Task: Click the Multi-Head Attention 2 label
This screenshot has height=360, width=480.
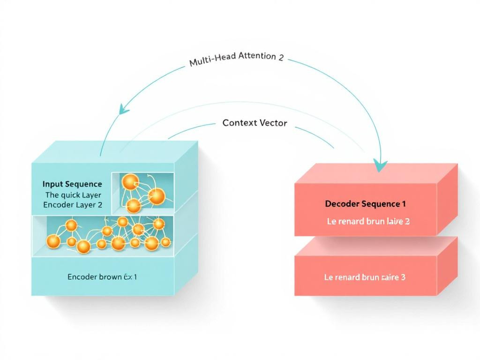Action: (236, 60)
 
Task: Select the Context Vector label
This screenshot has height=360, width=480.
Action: (255, 123)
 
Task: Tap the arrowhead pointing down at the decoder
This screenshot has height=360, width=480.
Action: (380, 165)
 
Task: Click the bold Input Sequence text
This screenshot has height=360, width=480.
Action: (72, 184)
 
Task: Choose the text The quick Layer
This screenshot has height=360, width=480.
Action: (73, 195)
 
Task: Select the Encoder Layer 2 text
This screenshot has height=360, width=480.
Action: (73, 205)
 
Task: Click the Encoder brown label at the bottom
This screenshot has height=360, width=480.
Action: (102, 277)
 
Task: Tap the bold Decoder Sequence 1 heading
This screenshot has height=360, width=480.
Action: (365, 204)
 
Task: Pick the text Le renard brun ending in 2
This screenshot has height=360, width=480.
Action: (368, 221)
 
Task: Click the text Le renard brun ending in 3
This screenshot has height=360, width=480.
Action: (365, 277)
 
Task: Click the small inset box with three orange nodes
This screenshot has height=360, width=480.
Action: (142, 193)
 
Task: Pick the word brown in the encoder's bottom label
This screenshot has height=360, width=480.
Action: (110, 277)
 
